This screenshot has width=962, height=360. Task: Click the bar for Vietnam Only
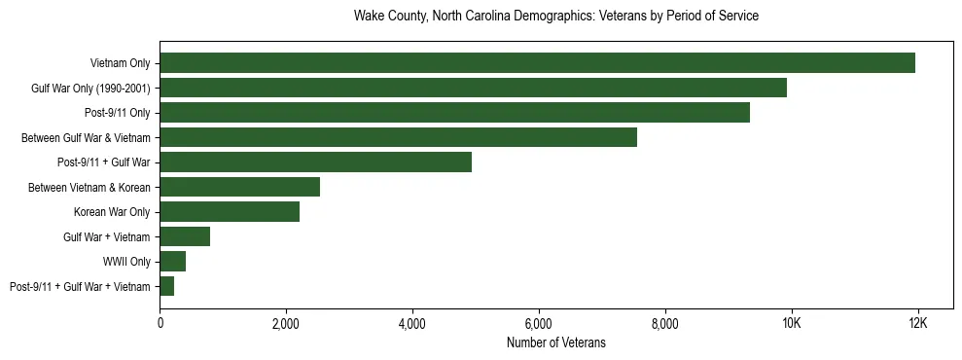click(x=537, y=63)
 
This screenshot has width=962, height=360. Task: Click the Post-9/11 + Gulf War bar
click(x=315, y=162)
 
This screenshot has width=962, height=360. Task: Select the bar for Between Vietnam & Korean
click(x=239, y=187)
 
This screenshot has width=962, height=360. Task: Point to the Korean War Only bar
click(x=230, y=212)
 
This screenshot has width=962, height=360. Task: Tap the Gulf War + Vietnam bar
click(x=185, y=236)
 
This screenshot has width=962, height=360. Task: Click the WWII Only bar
click(x=172, y=262)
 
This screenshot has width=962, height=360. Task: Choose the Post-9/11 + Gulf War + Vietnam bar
click(x=166, y=286)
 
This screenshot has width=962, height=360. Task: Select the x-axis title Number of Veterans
click(x=555, y=342)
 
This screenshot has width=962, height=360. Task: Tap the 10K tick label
click(x=791, y=323)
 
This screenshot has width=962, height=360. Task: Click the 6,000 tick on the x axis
click(x=538, y=323)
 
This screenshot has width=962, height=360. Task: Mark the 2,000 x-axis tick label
click(x=286, y=323)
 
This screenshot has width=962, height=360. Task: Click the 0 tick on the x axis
click(x=160, y=323)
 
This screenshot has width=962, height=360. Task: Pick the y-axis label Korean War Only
click(x=112, y=212)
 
